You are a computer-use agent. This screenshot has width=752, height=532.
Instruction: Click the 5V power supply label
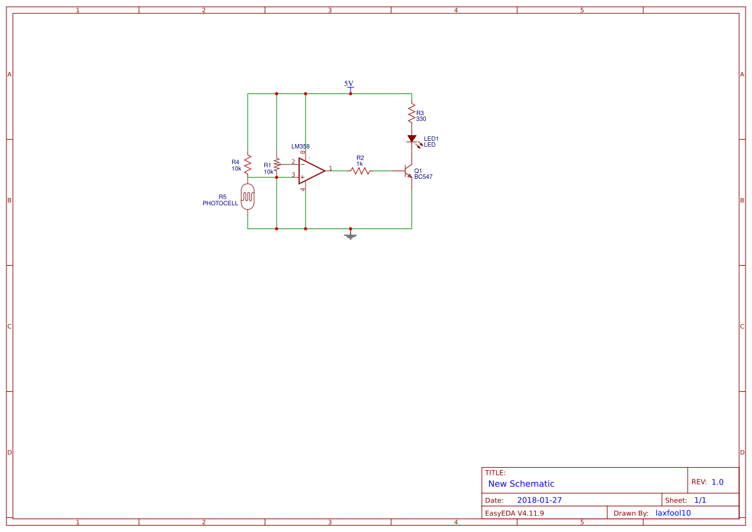[x=349, y=84]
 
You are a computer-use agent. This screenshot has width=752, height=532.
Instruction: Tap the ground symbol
[x=351, y=235]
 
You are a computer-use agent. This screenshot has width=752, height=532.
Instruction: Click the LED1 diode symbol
[x=412, y=139]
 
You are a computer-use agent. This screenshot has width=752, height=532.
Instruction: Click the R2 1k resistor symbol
[x=360, y=170]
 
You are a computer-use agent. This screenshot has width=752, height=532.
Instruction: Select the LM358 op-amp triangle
[x=311, y=170]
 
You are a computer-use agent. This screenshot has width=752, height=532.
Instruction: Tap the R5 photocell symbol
[x=248, y=197]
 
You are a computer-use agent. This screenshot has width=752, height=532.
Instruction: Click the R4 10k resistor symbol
[x=248, y=165]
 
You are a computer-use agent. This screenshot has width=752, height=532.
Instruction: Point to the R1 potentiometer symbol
[x=277, y=165]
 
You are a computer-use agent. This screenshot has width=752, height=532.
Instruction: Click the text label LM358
[x=300, y=146]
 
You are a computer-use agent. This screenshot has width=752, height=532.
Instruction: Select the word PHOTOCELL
[x=220, y=203]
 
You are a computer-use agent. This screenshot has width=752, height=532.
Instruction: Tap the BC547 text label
[x=423, y=177]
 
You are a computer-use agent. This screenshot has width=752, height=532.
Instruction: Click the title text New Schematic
[x=521, y=484]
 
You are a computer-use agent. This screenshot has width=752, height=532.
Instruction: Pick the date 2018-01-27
[x=540, y=500]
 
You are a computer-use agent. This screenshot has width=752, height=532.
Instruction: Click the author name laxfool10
[x=674, y=513]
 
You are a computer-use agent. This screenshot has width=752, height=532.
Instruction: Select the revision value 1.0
[x=717, y=482]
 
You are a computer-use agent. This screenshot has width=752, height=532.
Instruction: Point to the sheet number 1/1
[x=700, y=500]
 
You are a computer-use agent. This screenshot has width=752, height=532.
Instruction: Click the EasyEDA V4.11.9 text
[x=515, y=513]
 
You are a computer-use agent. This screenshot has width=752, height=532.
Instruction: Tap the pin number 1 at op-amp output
[x=331, y=169]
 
